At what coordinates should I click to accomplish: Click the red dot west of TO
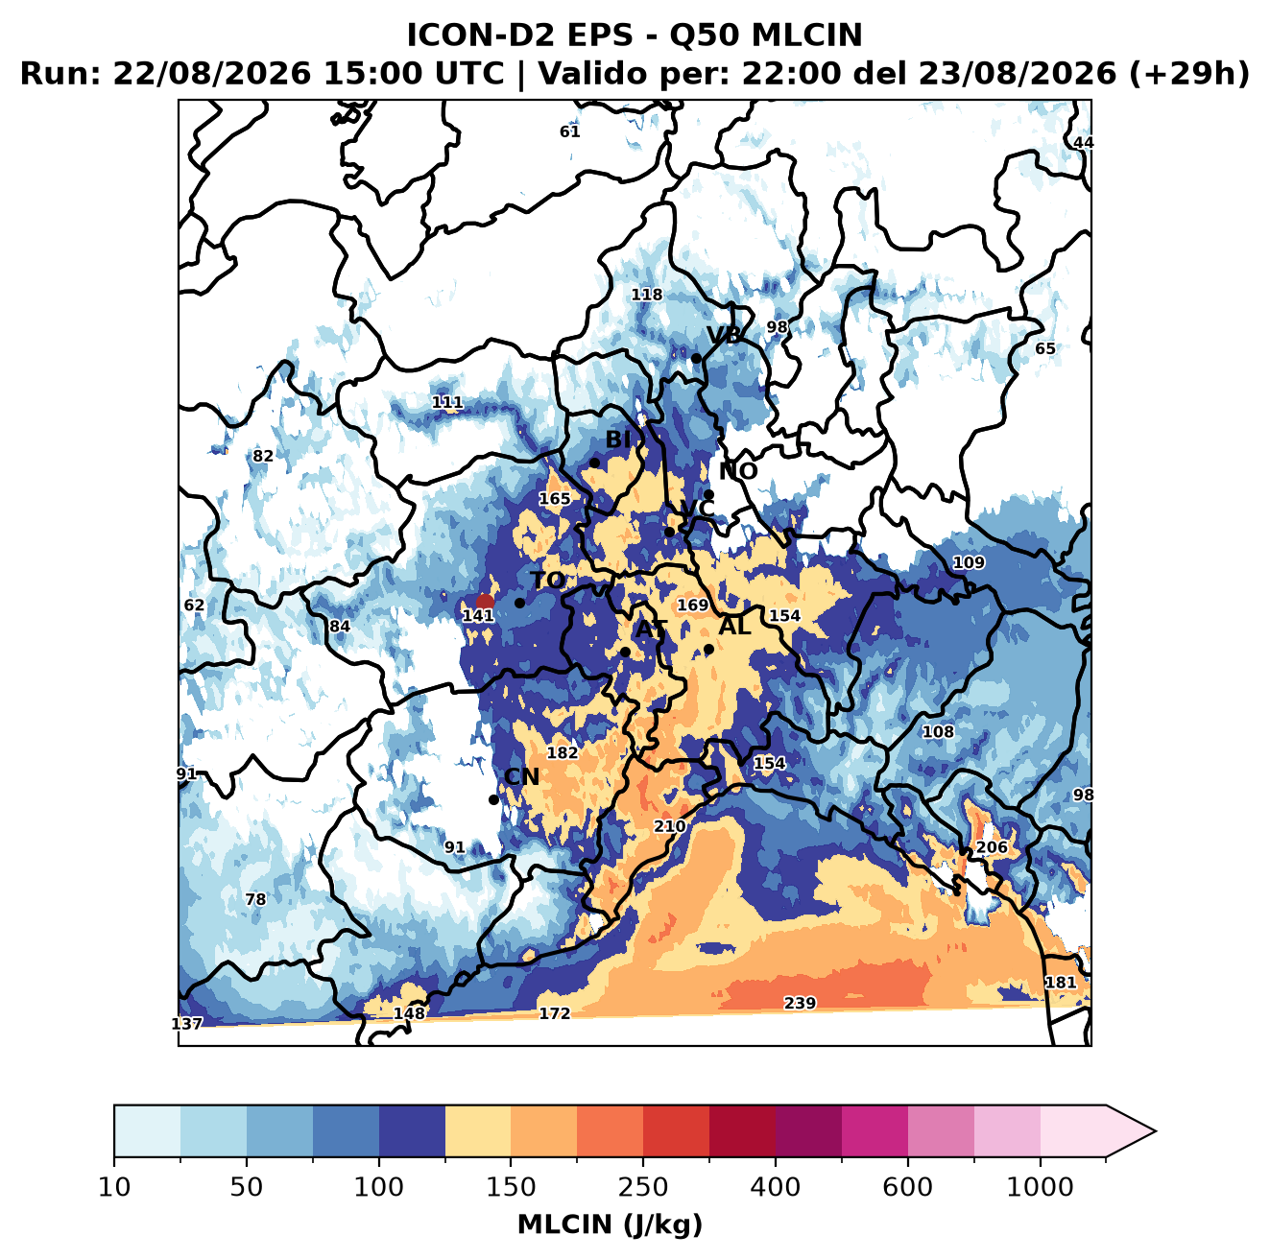[485, 602]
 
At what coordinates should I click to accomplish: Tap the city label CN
[521, 776]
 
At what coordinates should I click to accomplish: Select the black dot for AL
[708, 649]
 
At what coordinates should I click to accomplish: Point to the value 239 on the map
[800, 1003]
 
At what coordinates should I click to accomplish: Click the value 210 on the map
[670, 826]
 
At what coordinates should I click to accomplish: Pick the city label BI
[618, 439]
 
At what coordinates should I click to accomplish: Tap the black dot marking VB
[696, 358]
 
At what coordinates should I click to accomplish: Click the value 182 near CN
[563, 752]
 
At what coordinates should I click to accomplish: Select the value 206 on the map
[992, 847]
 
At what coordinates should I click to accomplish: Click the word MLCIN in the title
[806, 36]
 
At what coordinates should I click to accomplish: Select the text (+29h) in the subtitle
[1189, 74]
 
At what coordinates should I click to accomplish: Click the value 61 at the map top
[570, 131]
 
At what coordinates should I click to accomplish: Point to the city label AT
[651, 629]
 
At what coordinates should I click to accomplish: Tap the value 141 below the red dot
[478, 616]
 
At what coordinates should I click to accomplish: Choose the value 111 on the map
[447, 402]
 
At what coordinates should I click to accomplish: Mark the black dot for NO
[708, 495]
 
